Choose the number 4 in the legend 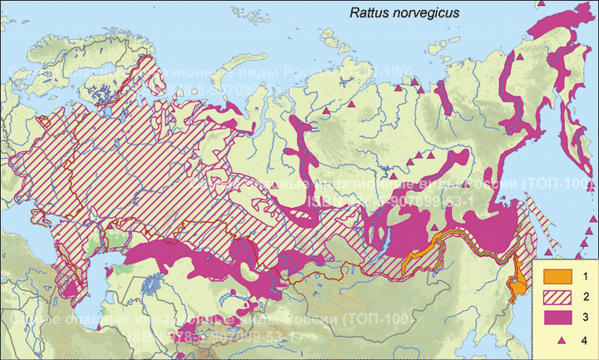584,339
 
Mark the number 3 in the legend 584,318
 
